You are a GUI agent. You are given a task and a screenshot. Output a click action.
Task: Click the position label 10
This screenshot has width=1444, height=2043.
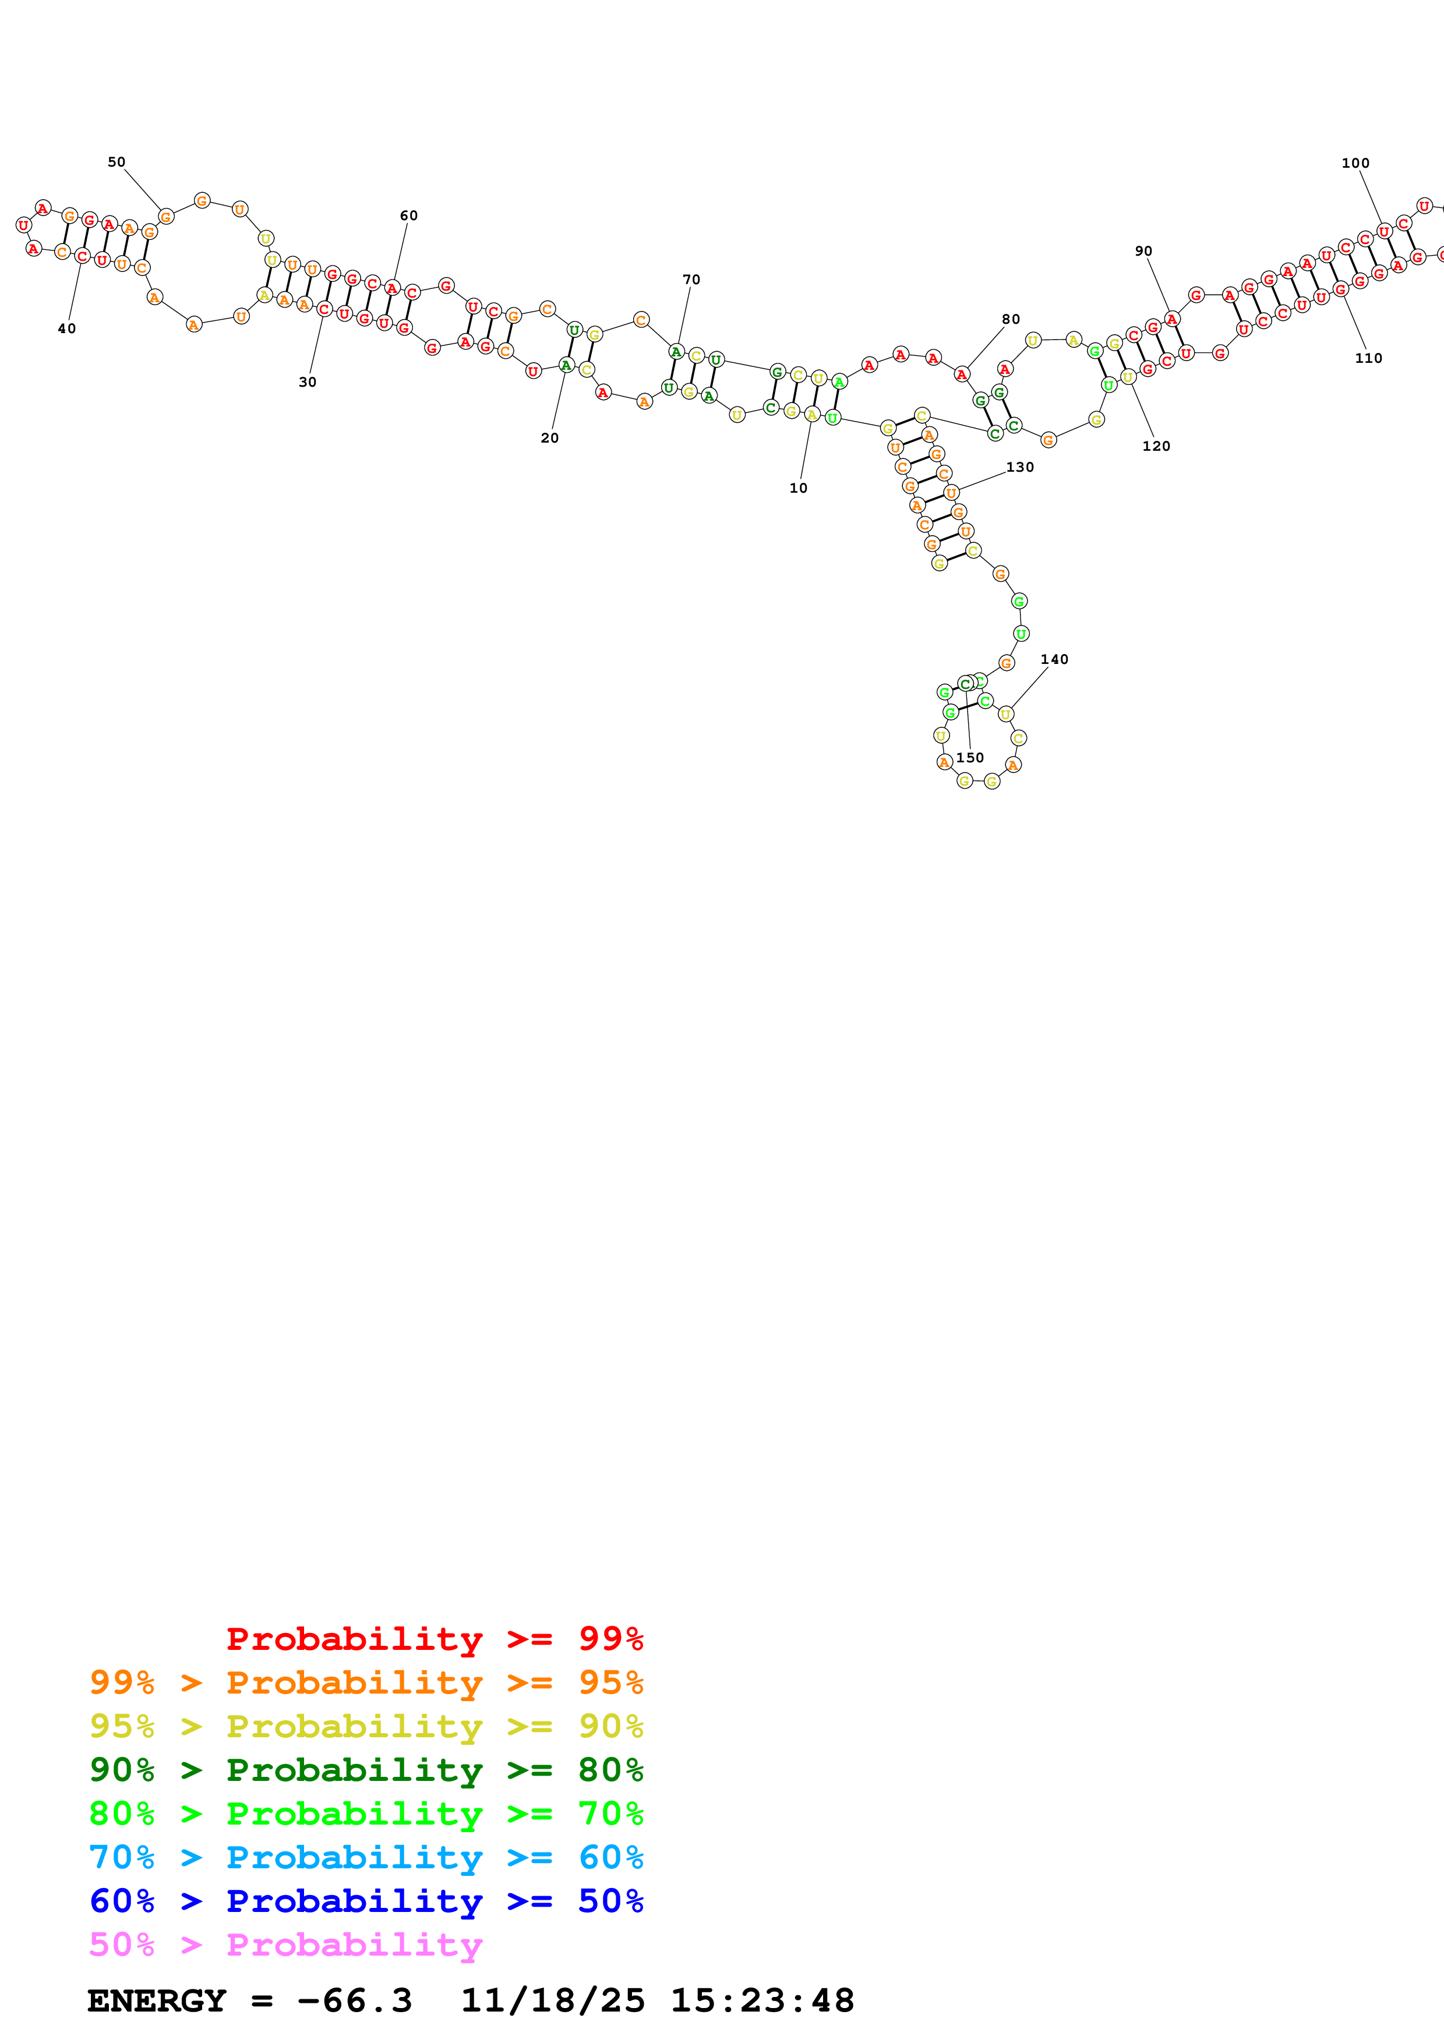[798, 487]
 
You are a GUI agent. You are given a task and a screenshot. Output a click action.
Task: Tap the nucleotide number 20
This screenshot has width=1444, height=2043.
[550, 438]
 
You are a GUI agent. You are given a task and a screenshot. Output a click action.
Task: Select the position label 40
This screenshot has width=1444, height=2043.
[67, 328]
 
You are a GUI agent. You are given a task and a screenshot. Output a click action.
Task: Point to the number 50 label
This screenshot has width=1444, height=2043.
[116, 162]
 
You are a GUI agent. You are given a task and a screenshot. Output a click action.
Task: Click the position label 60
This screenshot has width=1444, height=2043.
[408, 215]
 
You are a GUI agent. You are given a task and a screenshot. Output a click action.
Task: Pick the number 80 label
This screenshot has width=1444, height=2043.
[1011, 320]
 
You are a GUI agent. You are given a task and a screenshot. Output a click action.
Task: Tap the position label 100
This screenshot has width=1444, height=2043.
[1355, 163]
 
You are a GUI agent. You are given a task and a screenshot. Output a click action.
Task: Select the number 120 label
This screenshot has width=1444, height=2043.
[1156, 446]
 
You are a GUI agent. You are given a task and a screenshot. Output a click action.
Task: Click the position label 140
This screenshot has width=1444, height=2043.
[1054, 659]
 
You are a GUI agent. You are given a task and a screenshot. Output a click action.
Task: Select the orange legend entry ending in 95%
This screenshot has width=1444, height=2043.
[366, 1682]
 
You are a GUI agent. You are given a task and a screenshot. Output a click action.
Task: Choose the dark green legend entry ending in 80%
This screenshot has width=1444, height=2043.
[366, 1770]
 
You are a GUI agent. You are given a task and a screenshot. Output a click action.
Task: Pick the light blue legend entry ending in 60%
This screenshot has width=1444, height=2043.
[366, 1857]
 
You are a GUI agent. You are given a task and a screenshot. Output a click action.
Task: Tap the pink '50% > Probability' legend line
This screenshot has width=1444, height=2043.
[285, 1944]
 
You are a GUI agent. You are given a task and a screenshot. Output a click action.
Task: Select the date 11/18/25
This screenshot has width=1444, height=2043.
[553, 2001]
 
